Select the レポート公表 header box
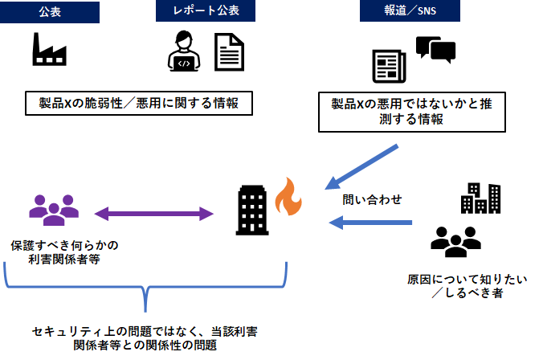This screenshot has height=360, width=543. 206,11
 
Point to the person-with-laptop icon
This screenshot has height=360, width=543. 184,52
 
